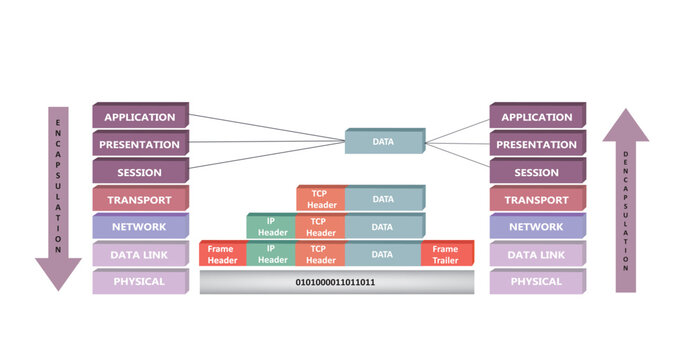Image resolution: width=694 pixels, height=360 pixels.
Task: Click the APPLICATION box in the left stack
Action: coord(140,117)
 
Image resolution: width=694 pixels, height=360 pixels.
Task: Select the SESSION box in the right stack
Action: coord(537,172)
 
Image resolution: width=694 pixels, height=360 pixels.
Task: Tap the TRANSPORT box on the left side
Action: coord(140,200)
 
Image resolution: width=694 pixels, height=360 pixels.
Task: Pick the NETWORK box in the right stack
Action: coord(537,227)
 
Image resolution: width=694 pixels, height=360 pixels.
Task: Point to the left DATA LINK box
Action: coord(140,255)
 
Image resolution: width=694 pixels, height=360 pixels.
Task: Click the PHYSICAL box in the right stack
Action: coord(537,282)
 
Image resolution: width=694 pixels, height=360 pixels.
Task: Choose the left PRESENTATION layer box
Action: coord(140,145)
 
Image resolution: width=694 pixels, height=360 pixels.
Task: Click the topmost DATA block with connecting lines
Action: coord(383,142)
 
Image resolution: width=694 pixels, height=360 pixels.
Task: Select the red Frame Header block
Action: coord(222,254)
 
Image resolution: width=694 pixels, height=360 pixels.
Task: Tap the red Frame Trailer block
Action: coord(446,254)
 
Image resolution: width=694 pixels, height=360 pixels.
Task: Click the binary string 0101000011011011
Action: coord(335,283)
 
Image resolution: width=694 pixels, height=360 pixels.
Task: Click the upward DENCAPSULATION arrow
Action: coord(625,200)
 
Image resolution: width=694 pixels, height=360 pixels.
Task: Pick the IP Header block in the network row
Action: coord(271,227)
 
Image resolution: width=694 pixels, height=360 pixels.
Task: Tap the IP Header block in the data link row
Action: coord(271,254)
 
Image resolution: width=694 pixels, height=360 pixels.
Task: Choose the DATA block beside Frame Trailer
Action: coord(383,254)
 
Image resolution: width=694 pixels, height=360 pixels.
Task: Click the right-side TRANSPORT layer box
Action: coord(537,200)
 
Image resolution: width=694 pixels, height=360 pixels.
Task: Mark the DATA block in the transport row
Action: coord(383,199)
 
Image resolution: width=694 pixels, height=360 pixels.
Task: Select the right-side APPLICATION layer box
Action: coord(537,117)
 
